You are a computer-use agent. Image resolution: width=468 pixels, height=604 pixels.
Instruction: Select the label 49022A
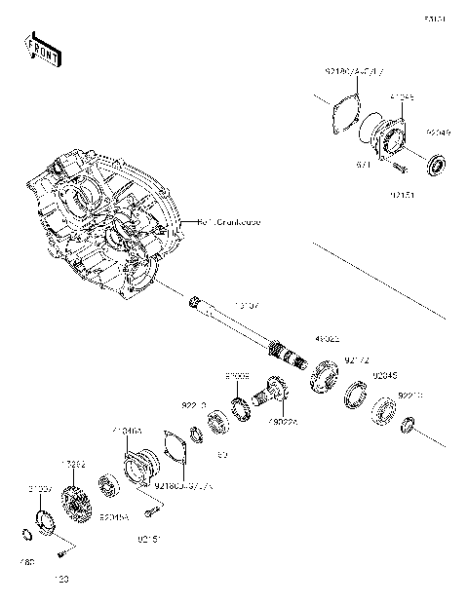[x=285, y=422]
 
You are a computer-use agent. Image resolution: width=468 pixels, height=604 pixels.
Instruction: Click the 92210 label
[x=409, y=396]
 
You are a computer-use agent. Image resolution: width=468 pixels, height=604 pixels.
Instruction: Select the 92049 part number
[x=438, y=133]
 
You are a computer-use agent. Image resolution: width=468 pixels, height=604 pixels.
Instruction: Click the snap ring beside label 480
[x=26, y=532]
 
